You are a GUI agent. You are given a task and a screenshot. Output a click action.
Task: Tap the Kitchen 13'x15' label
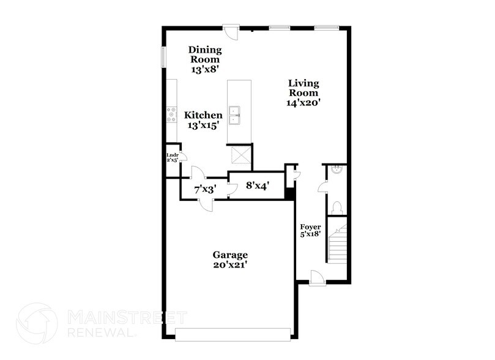204,120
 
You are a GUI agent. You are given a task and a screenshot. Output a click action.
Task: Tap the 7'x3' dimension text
204,190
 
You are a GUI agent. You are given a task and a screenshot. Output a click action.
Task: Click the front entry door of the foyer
318,279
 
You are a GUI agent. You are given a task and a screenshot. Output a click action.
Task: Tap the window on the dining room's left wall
163,56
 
